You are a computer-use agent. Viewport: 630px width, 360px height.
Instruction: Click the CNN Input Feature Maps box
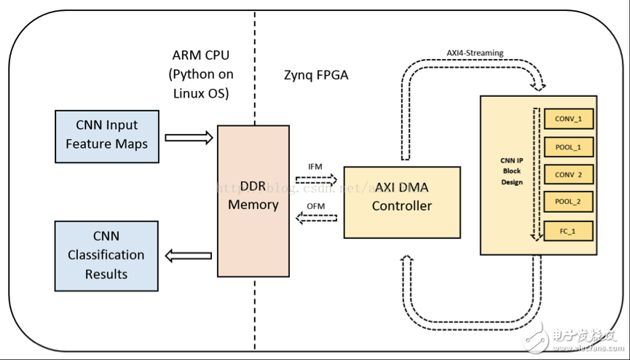[106, 136]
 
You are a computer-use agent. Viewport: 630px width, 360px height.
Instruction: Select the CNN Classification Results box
[106, 256]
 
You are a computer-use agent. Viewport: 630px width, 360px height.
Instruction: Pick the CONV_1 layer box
[569, 119]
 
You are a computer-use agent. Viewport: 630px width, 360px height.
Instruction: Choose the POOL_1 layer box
[569, 146]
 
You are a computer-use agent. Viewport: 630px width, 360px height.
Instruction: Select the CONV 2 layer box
[569, 175]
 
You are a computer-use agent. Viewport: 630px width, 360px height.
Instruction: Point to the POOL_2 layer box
[569, 203]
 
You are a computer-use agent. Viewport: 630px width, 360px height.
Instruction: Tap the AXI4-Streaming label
[475, 53]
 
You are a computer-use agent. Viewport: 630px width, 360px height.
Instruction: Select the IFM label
[315, 166]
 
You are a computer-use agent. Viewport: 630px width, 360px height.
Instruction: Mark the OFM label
[315, 206]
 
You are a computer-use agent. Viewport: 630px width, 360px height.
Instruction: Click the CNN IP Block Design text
[511, 172]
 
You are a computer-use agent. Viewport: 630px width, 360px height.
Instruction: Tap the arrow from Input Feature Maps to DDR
[189, 137]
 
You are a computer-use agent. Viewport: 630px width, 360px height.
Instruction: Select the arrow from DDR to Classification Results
[188, 256]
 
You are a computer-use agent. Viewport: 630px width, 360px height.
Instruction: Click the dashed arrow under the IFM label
[316, 178]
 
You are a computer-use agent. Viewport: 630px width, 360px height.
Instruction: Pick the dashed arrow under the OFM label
[316, 218]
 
